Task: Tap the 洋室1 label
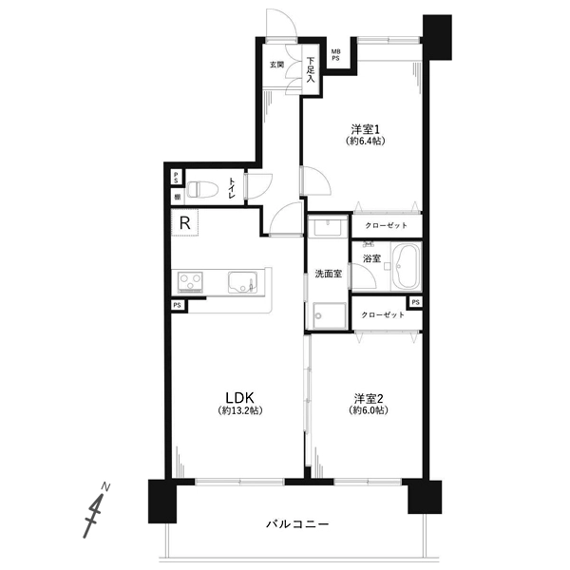tap(365, 128)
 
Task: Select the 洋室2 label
tap(369, 397)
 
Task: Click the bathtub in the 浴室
tap(408, 266)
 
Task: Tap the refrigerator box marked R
tap(186, 224)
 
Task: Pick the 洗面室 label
tap(329, 274)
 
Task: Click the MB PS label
tap(334, 56)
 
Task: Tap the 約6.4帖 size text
tap(365, 142)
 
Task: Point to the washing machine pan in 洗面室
tap(329, 315)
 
